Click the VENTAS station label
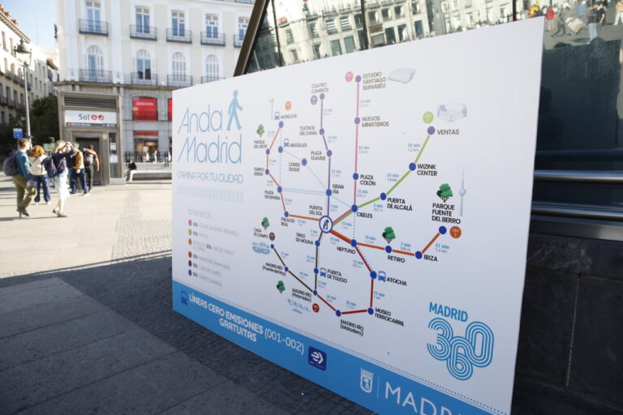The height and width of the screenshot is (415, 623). (448, 131)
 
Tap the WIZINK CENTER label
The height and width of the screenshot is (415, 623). (426, 170)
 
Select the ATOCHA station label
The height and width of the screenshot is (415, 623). (396, 281)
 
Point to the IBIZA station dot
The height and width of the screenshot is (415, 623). (419, 255)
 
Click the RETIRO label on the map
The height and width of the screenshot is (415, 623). (396, 259)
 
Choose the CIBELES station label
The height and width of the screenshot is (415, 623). (364, 215)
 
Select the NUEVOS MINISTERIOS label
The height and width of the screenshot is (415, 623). (375, 122)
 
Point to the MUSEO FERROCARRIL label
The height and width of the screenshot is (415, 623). (389, 317)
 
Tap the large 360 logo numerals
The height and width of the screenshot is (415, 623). (460, 348)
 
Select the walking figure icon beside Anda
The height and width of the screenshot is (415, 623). (234, 110)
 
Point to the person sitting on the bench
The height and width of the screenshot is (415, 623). (131, 169)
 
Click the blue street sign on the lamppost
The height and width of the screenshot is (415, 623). (17, 133)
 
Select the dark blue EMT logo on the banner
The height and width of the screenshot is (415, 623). (316, 358)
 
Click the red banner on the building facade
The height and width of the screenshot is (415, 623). (144, 109)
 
